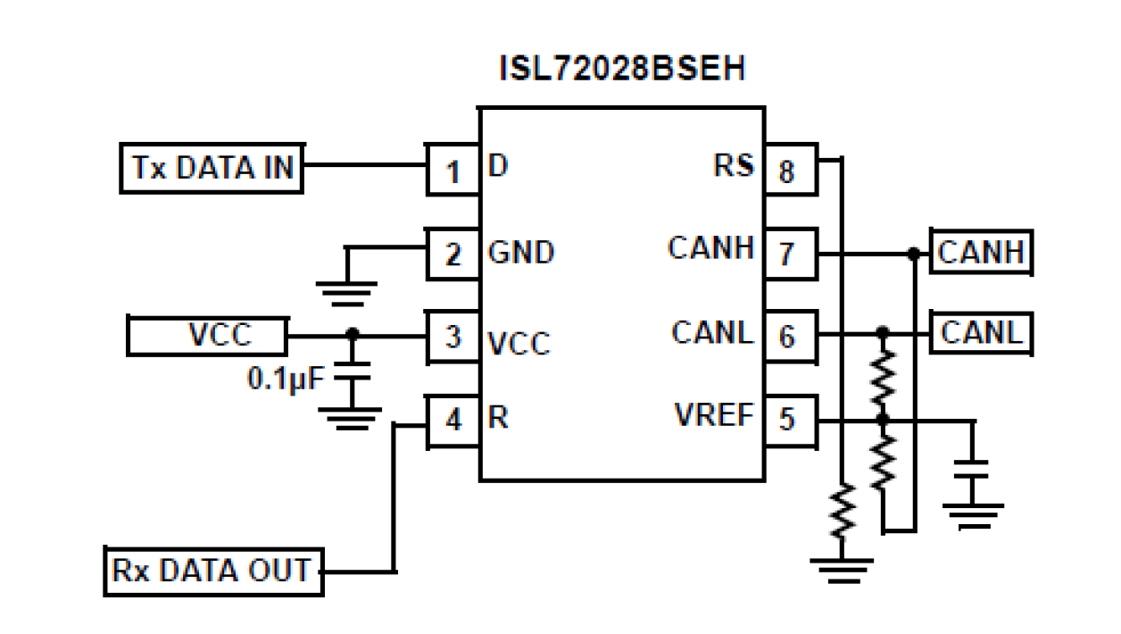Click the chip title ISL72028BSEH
click(x=622, y=70)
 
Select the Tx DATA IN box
click(x=212, y=167)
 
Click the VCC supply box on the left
click(x=207, y=335)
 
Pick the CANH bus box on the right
click(x=980, y=254)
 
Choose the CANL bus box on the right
click(x=980, y=333)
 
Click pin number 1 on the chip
click(x=453, y=169)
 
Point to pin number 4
click(x=453, y=420)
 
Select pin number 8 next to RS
click(x=787, y=169)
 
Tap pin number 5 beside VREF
click(x=787, y=419)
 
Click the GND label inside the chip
click(x=521, y=253)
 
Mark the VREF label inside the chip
click(x=714, y=414)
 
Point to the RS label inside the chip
click(x=733, y=165)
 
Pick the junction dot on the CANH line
click(x=912, y=254)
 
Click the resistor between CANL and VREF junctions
click(x=883, y=375)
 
